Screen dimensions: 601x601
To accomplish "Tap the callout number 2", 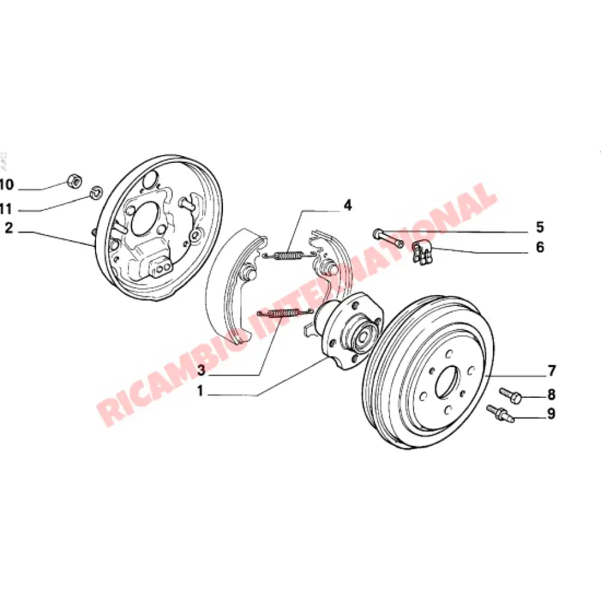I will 8,228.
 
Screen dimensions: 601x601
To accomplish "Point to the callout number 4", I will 347,206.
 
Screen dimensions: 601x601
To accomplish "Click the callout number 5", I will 540,227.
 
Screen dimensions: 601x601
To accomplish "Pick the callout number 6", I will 540,247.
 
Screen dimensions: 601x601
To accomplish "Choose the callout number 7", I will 551,370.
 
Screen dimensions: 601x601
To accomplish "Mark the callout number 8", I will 551,395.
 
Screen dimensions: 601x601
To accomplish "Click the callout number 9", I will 551,414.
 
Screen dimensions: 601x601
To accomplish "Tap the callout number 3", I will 201,368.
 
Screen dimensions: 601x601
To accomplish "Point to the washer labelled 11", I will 95,194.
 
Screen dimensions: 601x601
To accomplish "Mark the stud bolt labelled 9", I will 499,413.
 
